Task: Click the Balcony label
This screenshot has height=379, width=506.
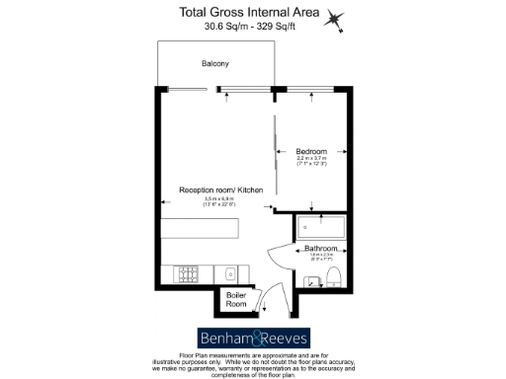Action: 215,64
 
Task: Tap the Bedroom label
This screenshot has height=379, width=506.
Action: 311,151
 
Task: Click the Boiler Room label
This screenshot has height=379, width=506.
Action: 236,299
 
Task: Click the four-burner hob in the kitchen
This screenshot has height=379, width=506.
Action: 187,273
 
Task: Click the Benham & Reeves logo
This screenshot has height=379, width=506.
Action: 253,336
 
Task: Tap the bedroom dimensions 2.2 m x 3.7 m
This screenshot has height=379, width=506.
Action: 311,159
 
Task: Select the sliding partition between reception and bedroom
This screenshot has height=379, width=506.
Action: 273,148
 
